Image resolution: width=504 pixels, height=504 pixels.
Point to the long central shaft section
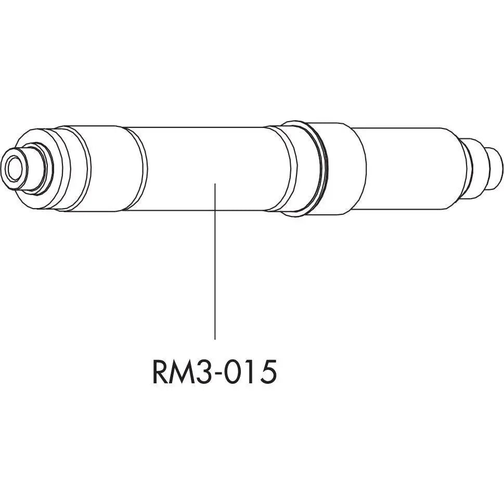pos(208,168)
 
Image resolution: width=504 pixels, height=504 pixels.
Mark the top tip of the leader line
pos(215,183)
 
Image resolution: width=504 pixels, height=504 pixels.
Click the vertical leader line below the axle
pos(215,270)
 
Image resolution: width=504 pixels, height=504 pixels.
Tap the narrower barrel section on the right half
pos(411,168)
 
